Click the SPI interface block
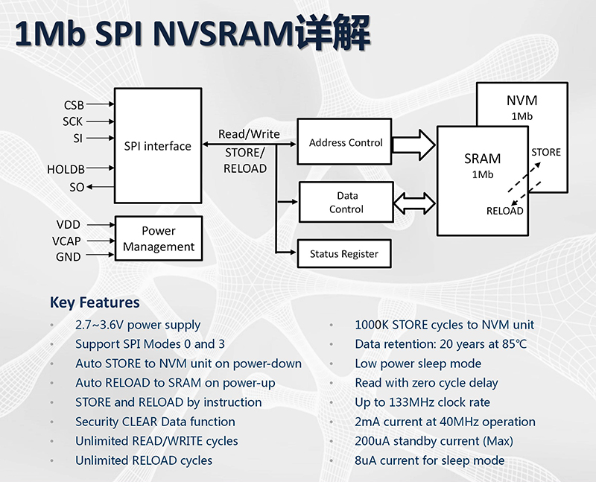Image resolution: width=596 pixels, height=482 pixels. click(157, 145)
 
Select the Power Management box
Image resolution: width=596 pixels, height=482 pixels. click(158, 238)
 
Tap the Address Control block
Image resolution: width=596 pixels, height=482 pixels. click(345, 142)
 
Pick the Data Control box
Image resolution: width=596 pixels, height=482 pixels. click(346, 203)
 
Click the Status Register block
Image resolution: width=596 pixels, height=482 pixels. click(343, 254)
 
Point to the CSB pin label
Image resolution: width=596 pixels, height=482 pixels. click(74, 105)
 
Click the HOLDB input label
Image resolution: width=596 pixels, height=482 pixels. click(66, 170)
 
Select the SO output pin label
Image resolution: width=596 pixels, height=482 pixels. click(77, 188)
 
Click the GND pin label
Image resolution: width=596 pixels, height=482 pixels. click(69, 257)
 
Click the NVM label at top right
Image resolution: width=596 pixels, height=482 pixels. click(521, 101)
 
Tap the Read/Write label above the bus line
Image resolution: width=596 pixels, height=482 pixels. click(249, 134)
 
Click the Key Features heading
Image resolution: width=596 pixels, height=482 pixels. click(95, 302)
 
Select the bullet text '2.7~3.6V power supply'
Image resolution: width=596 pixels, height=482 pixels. click(138, 325)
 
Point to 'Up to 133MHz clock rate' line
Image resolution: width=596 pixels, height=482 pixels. click(422, 402)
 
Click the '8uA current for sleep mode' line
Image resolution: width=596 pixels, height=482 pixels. click(429, 460)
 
